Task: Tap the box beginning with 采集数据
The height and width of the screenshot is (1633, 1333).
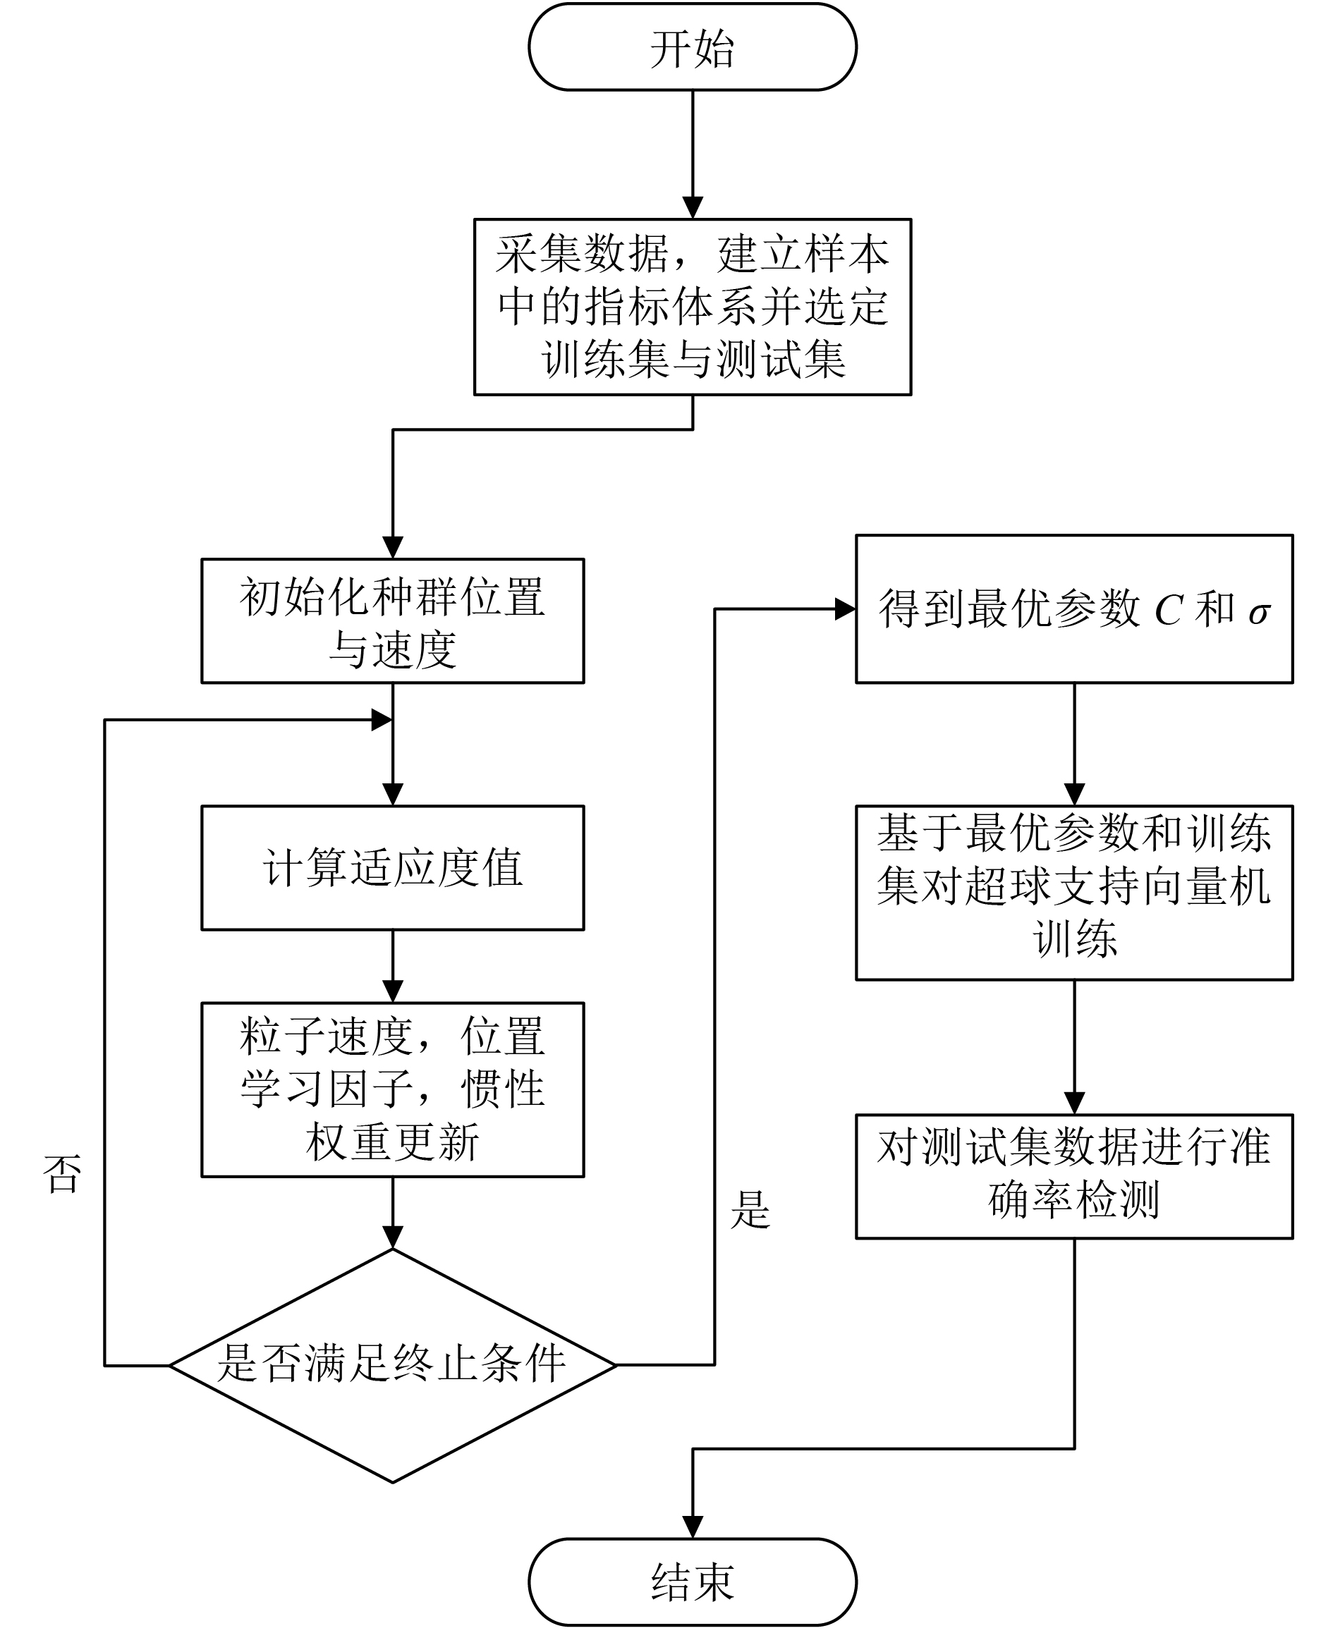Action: tap(693, 307)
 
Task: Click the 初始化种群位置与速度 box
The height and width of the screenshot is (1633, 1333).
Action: tap(392, 621)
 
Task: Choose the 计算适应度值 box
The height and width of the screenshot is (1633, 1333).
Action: tap(392, 867)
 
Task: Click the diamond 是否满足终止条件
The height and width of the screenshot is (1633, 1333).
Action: tap(392, 1365)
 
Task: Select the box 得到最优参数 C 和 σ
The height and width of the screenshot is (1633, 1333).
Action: tap(1074, 608)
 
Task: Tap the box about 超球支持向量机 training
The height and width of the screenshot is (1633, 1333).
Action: tap(1074, 892)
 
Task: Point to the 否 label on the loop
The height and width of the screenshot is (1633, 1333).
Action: tap(63, 1174)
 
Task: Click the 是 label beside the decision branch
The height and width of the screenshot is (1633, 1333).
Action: tap(750, 1210)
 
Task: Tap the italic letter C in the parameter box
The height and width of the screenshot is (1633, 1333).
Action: tap(1168, 611)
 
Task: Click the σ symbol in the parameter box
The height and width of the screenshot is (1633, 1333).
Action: tap(1258, 614)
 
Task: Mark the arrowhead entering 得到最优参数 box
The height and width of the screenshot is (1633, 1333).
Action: tap(846, 610)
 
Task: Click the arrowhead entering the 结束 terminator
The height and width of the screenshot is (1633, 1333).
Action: tap(693, 1528)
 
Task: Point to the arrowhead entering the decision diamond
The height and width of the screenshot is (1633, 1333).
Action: tap(392, 1237)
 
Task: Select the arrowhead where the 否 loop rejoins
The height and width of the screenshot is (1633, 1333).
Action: tap(382, 720)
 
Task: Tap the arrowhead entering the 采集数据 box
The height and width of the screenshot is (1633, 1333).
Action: tap(693, 207)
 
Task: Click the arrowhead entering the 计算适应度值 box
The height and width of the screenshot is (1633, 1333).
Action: tap(392, 794)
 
